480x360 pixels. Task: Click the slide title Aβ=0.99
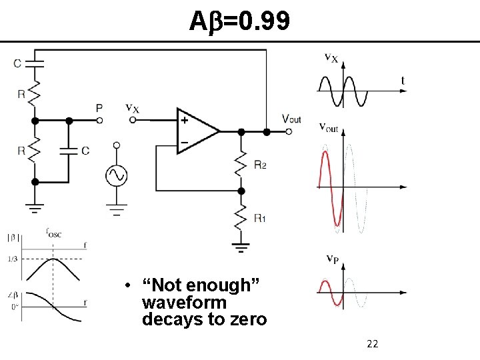[x=239, y=23]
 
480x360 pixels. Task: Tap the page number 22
[x=373, y=344]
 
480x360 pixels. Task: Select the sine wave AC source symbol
[x=116, y=175]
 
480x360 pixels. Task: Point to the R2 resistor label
[x=260, y=165]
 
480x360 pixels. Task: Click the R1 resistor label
[x=260, y=218]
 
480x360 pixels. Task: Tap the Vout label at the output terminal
[x=291, y=119]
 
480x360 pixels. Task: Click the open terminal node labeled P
[x=99, y=121]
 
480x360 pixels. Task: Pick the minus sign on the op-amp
[x=183, y=141]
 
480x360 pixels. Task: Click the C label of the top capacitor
[x=17, y=63]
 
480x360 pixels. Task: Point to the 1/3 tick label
[x=12, y=259]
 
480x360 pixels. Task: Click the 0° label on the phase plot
[x=13, y=307]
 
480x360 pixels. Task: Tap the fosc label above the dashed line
[x=53, y=233]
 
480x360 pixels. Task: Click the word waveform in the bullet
[x=184, y=303]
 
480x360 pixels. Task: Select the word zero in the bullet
[x=249, y=319]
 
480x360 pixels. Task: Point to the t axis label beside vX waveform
[x=403, y=81]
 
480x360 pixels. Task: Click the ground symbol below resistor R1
[x=241, y=248]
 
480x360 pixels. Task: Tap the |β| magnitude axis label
[x=13, y=237]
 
